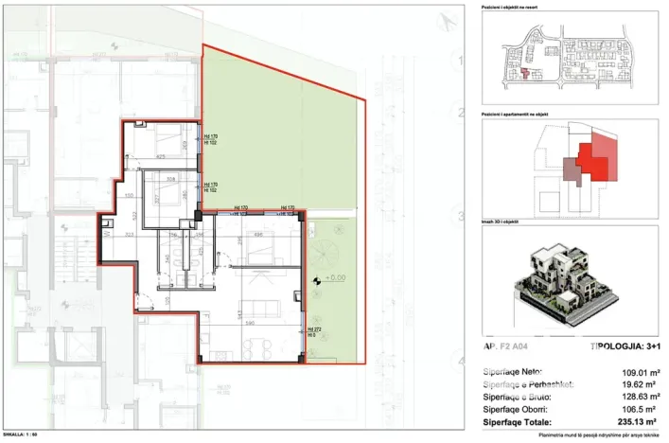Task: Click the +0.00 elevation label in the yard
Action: click(x=335, y=279)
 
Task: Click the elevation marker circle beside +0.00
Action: click(x=318, y=280)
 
